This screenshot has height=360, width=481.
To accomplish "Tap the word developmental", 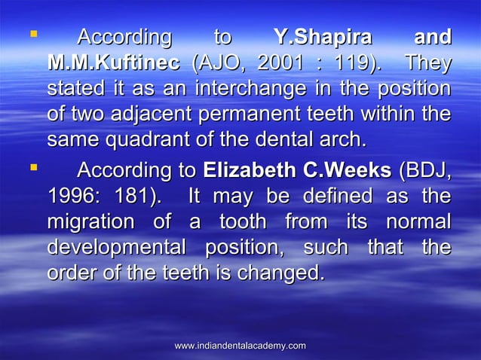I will coord(121,248).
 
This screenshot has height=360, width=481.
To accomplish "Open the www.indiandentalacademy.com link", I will coord(240,345).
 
